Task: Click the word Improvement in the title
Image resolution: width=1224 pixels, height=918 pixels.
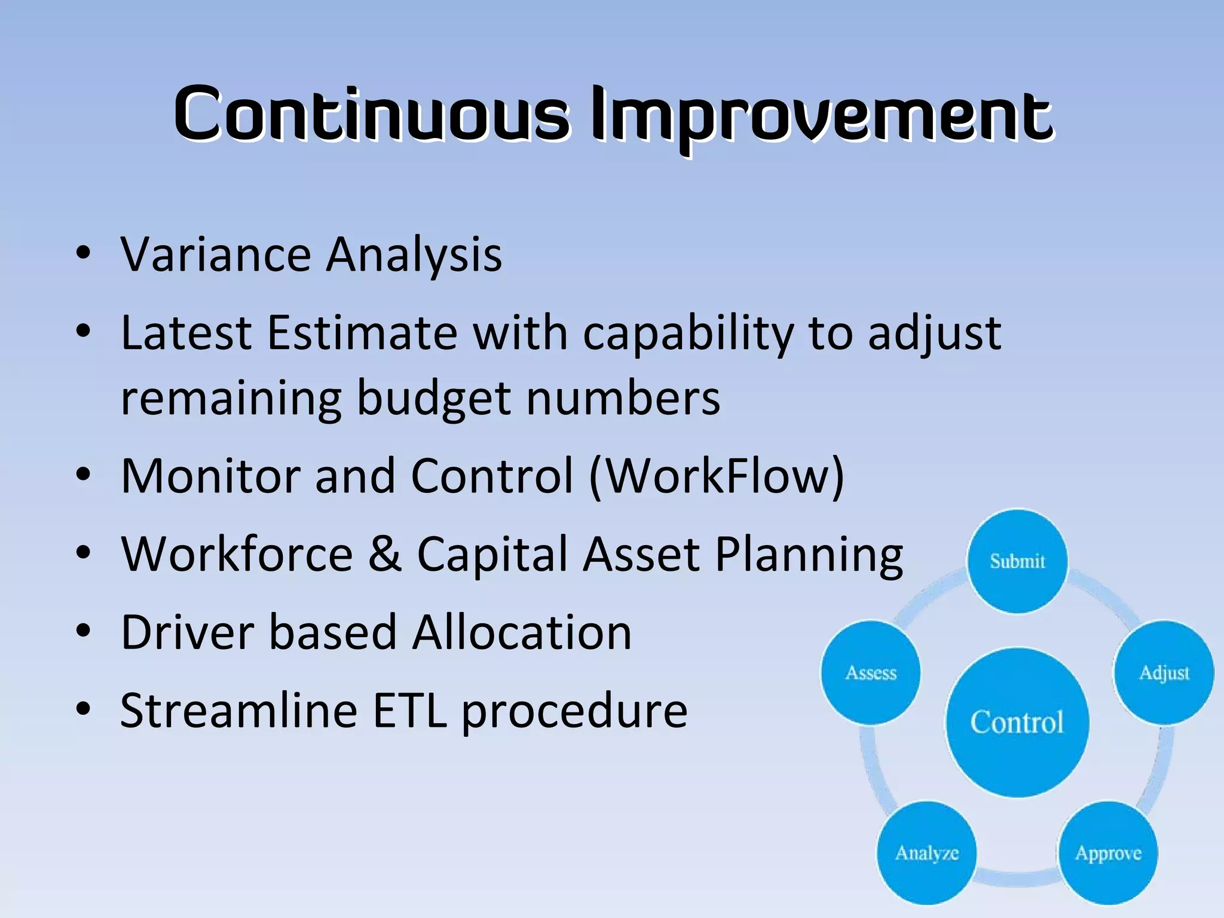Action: click(821, 115)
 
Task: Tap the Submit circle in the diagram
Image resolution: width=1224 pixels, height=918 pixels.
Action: click(1017, 561)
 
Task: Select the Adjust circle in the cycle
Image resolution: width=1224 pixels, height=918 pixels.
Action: click(1164, 673)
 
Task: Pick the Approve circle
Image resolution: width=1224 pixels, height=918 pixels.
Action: click(1108, 853)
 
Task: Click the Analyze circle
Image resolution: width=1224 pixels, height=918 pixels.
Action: click(926, 853)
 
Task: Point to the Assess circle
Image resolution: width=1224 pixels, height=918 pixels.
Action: click(871, 673)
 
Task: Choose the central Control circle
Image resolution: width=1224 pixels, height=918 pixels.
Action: click(1017, 723)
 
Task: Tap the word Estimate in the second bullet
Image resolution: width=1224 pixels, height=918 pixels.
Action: click(362, 333)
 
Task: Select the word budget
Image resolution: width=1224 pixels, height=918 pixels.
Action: click(433, 399)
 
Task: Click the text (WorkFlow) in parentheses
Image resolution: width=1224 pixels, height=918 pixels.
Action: click(717, 476)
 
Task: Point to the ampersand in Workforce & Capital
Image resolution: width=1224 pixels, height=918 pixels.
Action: click(385, 554)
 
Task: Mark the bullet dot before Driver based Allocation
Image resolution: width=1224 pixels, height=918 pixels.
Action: click(84, 631)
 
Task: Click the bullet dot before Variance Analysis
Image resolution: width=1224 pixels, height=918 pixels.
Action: click(84, 253)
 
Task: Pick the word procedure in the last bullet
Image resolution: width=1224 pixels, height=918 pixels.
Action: click(574, 712)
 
